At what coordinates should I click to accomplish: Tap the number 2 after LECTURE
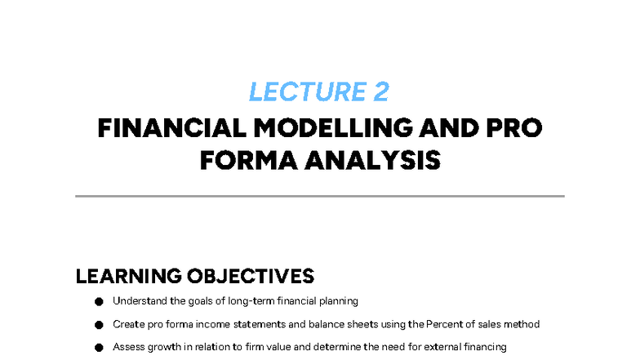pyautogui.click(x=381, y=92)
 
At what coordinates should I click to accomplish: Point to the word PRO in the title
pyautogui.click(x=513, y=129)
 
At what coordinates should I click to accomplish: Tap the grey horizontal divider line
pyautogui.click(x=320, y=196)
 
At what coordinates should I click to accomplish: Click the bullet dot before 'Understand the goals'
pyautogui.click(x=99, y=301)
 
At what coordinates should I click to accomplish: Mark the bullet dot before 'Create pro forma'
pyautogui.click(x=99, y=324)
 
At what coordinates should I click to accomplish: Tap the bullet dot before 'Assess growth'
pyautogui.click(x=99, y=347)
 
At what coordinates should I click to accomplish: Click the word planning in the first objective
pyautogui.click(x=340, y=300)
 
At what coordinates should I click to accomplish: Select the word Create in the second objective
pyautogui.click(x=127, y=324)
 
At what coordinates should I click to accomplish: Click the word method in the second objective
pyautogui.click(x=522, y=324)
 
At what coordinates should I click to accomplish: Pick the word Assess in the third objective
pyautogui.click(x=127, y=347)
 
